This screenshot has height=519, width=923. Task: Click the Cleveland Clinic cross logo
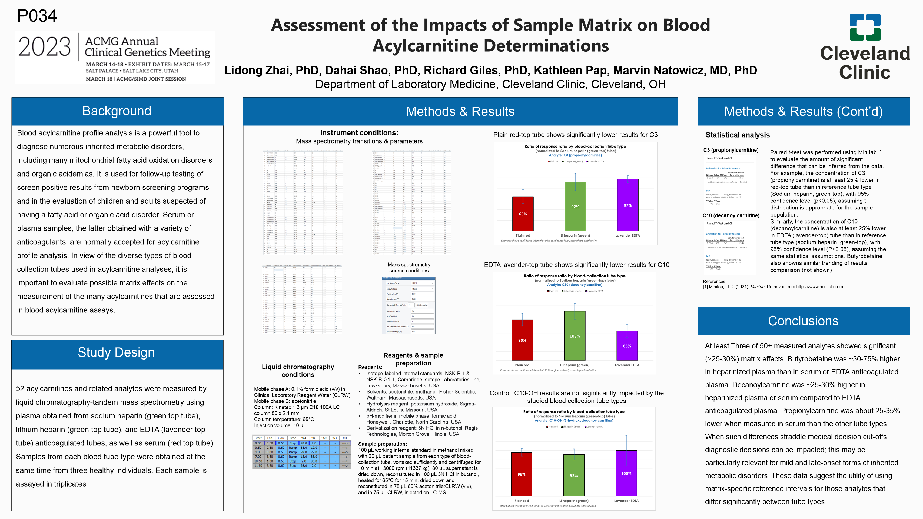[x=865, y=27]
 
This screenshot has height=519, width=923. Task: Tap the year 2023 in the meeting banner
[x=44, y=47]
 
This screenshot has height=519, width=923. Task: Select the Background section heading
[x=117, y=111]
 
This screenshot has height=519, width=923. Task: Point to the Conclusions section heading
[x=803, y=321]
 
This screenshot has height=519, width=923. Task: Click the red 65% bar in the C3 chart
[x=523, y=214]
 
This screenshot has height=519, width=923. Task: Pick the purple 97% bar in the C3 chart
[x=627, y=205]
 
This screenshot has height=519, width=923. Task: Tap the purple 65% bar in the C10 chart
[x=627, y=346]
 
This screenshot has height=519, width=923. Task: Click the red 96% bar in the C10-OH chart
[x=521, y=474]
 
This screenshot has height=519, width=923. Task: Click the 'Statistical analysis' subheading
[x=737, y=135]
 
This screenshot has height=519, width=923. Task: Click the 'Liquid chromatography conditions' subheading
[x=298, y=371]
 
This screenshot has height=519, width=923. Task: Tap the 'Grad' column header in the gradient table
[x=293, y=438]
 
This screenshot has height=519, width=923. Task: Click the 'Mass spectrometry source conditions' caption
[x=409, y=268]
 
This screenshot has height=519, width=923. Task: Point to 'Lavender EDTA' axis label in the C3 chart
[x=627, y=235]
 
